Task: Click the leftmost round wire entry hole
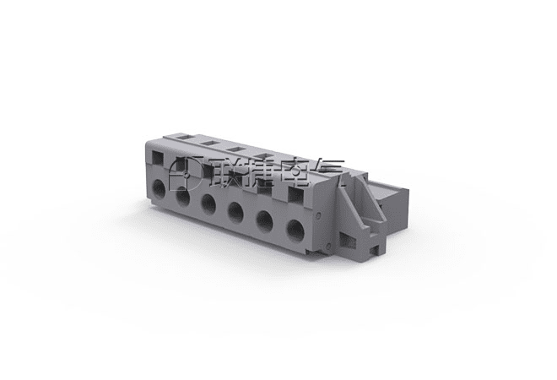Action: coord(159,189)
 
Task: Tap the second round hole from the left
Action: coord(182,197)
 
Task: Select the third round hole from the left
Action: coord(208,204)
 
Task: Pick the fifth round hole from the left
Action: coord(265,221)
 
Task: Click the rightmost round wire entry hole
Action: coord(295,231)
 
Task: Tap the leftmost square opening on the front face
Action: coord(158,157)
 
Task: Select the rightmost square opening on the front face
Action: coord(295,195)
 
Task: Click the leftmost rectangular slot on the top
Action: coord(184,136)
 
